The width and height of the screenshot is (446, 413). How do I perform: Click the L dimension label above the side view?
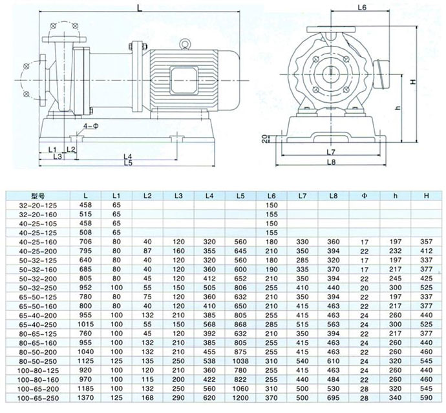pyautogui.click(x=141, y=7)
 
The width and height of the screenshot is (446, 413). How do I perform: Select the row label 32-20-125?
pyautogui.click(x=39, y=204)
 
